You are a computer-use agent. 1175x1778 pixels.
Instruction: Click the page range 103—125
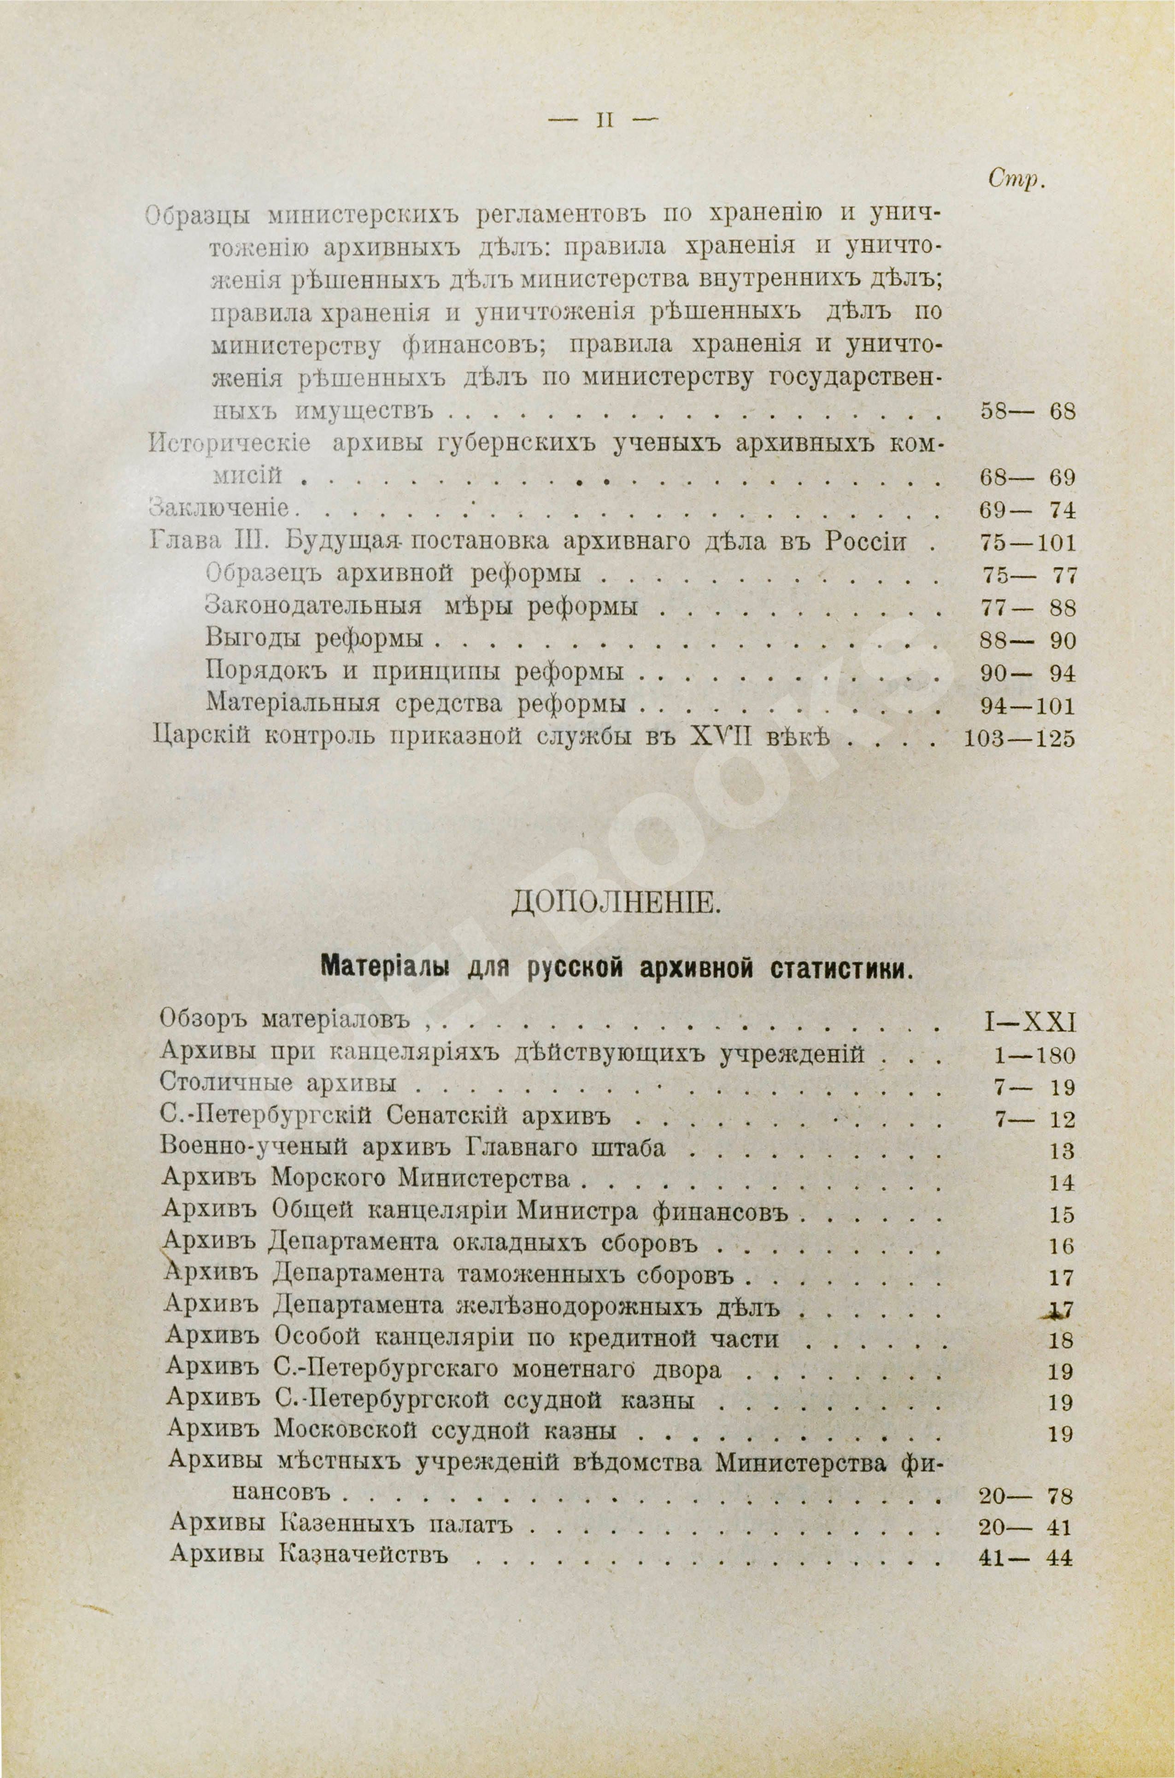(1017, 739)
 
